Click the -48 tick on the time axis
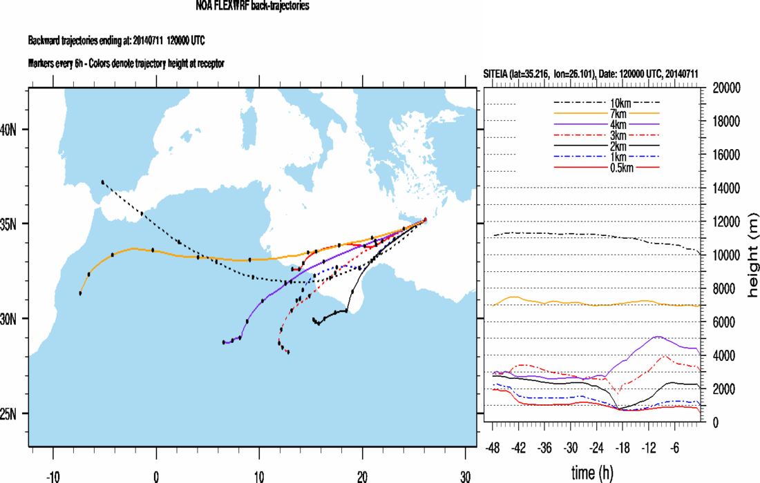(x=493, y=446)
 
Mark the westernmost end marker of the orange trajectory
(x=81, y=293)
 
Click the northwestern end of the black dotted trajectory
(x=102, y=182)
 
